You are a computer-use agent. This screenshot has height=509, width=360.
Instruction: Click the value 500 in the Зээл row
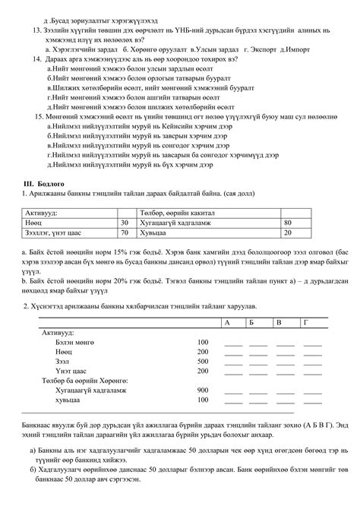(x=202, y=362)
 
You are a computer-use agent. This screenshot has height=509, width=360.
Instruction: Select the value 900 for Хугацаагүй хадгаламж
(x=202, y=389)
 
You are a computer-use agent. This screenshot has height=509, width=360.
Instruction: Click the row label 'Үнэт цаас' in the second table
(x=69, y=371)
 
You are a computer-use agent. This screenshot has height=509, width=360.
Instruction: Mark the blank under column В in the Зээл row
(x=285, y=362)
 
